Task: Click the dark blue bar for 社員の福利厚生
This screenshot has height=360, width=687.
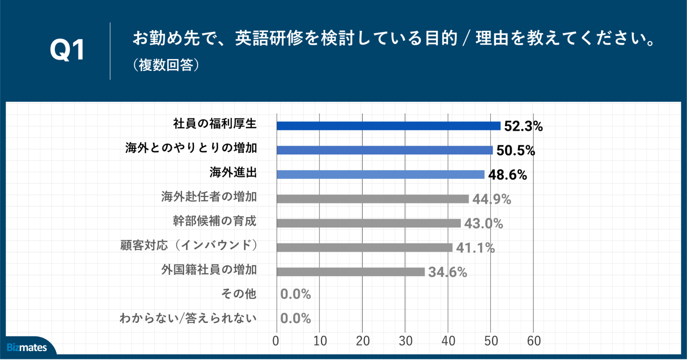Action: [388, 126]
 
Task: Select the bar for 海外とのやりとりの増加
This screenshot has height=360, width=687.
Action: [385, 150]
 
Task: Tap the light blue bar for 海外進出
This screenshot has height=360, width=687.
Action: [380, 175]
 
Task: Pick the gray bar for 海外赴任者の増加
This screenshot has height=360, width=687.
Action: [373, 199]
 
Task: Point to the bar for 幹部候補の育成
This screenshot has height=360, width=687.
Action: [368, 223]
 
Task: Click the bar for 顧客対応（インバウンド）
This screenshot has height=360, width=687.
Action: [364, 248]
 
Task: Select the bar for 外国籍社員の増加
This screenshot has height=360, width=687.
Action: [351, 272]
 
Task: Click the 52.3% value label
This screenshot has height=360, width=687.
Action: [523, 126]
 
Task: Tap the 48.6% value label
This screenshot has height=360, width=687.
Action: [507, 175]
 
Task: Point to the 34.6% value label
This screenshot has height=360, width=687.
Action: [447, 272]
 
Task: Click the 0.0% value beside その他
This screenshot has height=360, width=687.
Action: [296, 294]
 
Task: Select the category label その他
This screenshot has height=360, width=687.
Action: [239, 294]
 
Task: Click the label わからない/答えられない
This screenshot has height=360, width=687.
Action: [188, 318]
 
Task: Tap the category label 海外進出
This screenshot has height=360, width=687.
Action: [233, 172]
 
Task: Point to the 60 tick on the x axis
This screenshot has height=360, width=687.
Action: [534, 341]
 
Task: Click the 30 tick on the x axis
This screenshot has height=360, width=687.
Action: [405, 341]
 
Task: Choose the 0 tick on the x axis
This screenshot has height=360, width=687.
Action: [276, 341]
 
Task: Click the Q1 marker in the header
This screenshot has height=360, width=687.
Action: [67, 50]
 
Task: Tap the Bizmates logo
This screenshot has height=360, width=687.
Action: [27, 347]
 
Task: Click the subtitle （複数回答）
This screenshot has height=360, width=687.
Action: [166, 65]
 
